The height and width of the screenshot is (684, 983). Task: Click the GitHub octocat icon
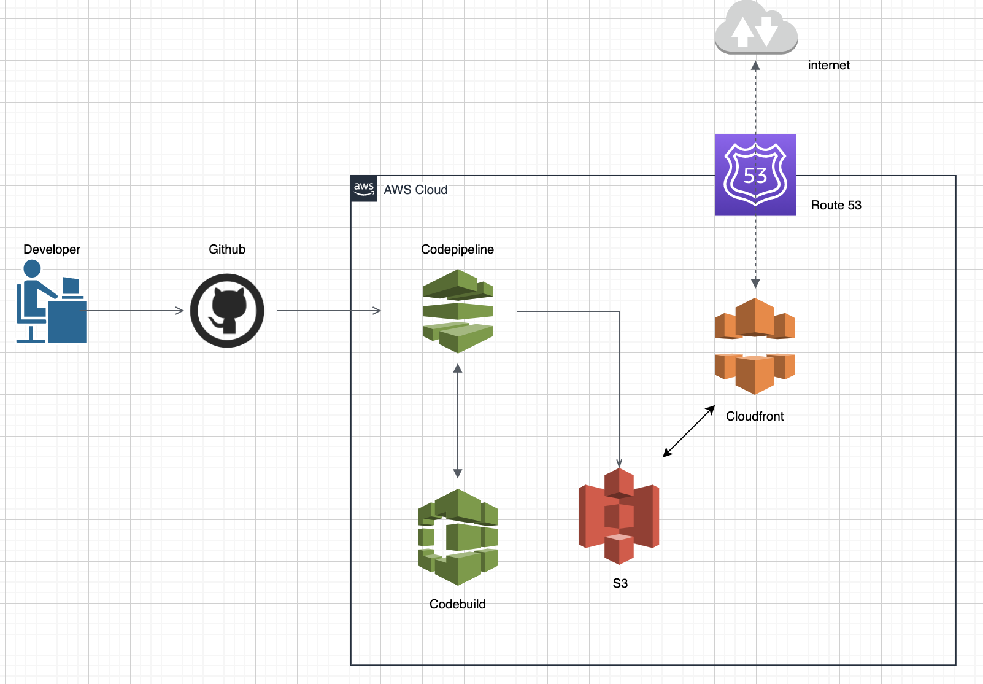(x=227, y=311)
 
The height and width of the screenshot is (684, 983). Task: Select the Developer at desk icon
(x=51, y=301)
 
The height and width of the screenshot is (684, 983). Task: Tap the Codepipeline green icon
(x=458, y=311)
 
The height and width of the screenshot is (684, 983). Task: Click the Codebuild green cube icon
(x=458, y=537)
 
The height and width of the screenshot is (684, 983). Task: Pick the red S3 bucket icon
(x=619, y=516)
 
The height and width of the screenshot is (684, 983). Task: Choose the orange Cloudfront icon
(x=755, y=346)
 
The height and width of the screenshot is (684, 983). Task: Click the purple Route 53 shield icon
(x=755, y=174)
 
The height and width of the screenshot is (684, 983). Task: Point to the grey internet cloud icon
(x=756, y=28)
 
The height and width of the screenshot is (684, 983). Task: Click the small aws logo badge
(x=364, y=188)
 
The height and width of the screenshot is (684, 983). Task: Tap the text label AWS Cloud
(x=415, y=190)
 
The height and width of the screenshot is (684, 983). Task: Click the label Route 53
(x=836, y=205)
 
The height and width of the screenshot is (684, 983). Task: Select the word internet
(x=828, y=65)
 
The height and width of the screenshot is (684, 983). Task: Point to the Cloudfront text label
(x=755, y=416)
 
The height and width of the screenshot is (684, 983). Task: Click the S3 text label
(x=620, y=583)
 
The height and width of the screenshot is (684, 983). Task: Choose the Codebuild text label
(x=457, y=604)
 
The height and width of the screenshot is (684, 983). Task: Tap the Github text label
(x=227, y=249)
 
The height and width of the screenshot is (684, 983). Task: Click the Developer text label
(x=52, y=249)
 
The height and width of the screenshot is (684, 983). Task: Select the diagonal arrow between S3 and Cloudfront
(x=689, y=431)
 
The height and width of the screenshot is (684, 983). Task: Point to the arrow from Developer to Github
(x=135, y=311)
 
